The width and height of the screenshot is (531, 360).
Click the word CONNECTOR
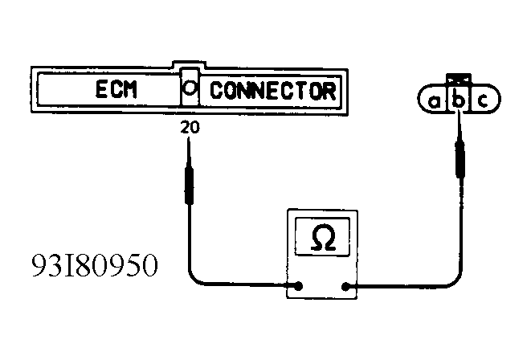(272, 90)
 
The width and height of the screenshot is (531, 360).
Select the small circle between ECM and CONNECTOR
(190, 90)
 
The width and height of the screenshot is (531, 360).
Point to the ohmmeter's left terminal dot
(299, 285)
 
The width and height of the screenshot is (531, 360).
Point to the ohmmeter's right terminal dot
(346, 285)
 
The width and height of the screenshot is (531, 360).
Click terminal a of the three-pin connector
(435, 101)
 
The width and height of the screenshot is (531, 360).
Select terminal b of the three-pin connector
(458, 101)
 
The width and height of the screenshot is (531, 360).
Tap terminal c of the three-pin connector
(482, 101)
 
